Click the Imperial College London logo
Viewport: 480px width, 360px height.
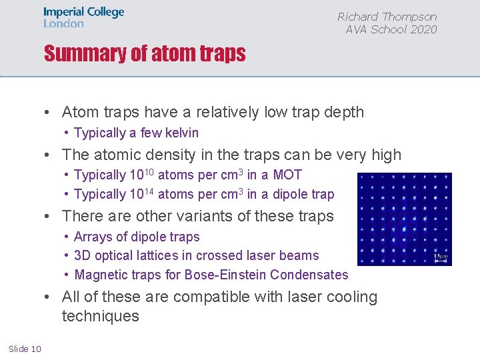point(83,17)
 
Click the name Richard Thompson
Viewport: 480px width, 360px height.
point(387,17)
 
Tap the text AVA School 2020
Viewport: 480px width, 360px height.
point(391,29)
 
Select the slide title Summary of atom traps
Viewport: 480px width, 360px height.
point(145,53)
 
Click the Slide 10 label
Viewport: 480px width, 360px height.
point(25,349)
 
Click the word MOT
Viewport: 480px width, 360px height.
point(287,175)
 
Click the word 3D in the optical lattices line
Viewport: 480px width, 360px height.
point(83,255)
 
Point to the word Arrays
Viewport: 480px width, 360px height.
point(93,237)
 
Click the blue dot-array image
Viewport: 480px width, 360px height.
point(404,219)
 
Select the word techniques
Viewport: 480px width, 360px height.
point(101,316)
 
